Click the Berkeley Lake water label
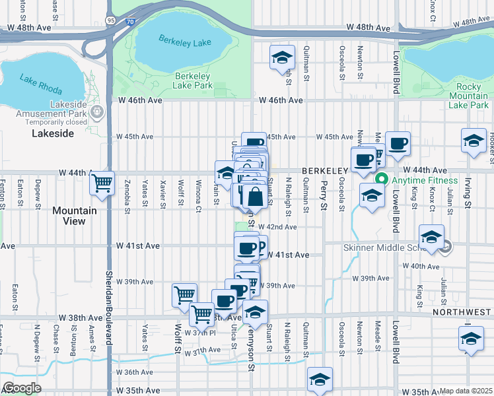click(184, 41)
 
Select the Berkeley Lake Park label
click(193, 81)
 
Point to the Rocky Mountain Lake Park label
click(468, 96)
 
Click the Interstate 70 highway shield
click(131, 21)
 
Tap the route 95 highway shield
click(110, 21)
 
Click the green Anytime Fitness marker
click(381, 180)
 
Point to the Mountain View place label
click(75, 216)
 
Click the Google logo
click(22, 388)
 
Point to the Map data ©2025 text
click(466, 391)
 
